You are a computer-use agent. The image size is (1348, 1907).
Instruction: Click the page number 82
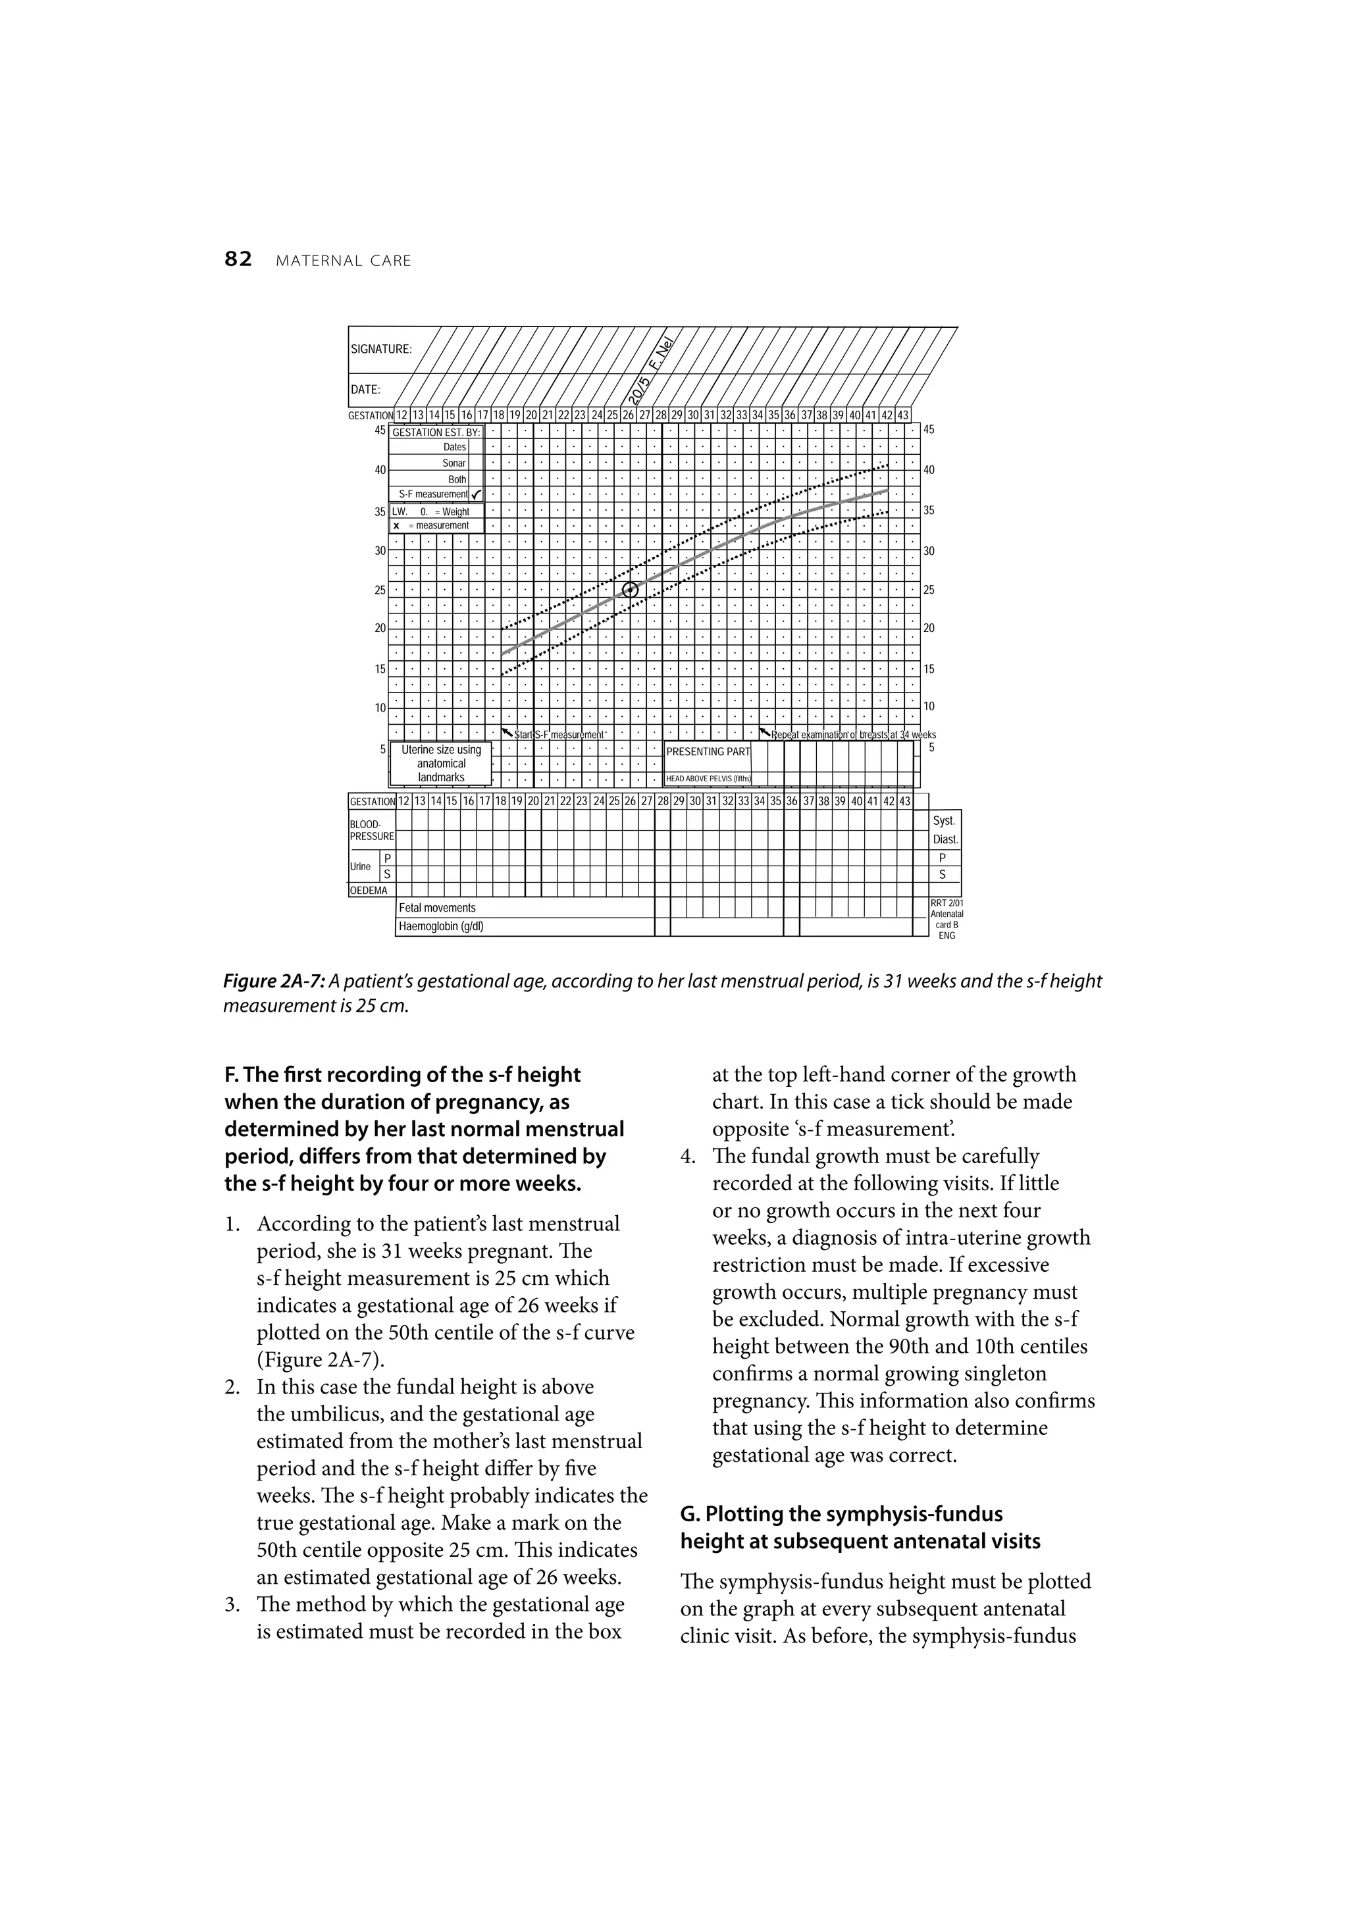click(x=238, y=260)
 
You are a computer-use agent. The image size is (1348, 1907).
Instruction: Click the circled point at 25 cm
click(x=631, y=590)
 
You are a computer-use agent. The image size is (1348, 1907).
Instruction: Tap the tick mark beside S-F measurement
click(x=476, y=495)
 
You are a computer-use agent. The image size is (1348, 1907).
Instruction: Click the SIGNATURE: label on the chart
click(x=381, y=350)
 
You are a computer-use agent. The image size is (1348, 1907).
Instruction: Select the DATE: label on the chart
click(x=365, y=390)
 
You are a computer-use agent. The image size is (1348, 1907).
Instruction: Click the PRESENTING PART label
click(x=708, y=752)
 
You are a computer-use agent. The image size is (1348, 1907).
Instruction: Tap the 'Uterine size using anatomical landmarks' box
click(x=441, y=764)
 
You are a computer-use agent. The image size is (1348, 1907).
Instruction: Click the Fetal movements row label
click(x=437, y=908)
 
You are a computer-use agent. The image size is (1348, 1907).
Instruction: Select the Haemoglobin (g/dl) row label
click(x=441, y=926)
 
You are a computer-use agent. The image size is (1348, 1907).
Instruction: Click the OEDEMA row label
click(x=369, y=891)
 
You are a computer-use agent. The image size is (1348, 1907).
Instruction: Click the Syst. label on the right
click(x=945, y=821)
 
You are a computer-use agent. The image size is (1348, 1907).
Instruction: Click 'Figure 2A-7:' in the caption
click(x=273, y=981)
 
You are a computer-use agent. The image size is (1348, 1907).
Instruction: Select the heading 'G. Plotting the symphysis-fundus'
click(x=841, y=1513)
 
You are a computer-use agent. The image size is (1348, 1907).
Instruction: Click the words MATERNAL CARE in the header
click(x=343, y=261)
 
